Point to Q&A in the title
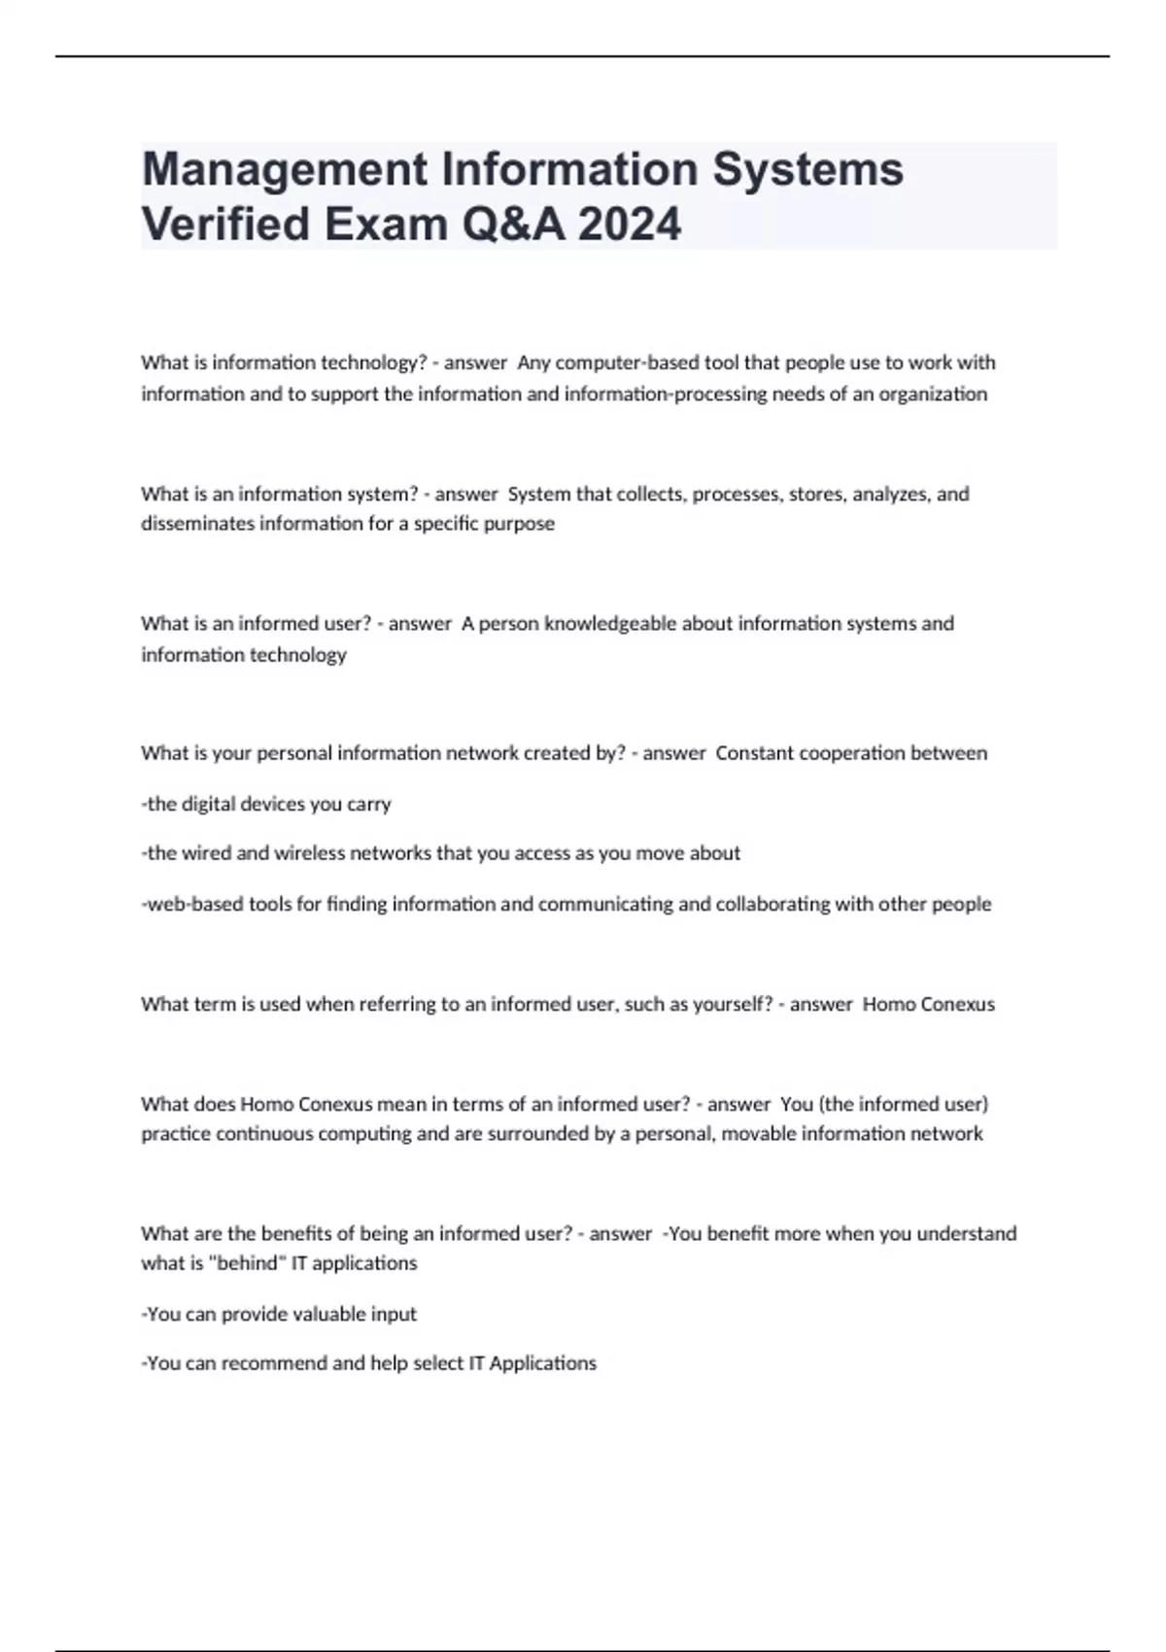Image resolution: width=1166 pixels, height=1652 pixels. coord(513,225)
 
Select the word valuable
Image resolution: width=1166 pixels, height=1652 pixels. coord(319,1314)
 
